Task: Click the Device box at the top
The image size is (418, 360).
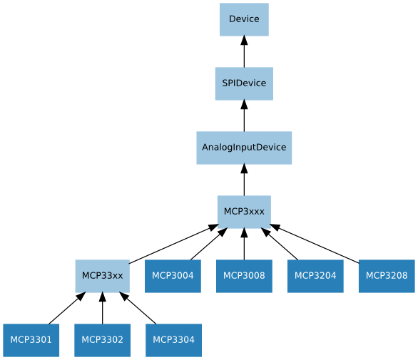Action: (x=244, y=19)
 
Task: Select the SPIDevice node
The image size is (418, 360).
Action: (x=244, y=83)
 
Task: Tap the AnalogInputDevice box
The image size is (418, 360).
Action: (x=244, y=148)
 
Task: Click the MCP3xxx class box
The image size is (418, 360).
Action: (x=244, y=212)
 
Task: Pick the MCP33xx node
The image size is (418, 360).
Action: (x=102, y=276)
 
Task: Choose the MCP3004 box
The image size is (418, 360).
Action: (x=173, y=276)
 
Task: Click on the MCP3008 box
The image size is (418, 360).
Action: (x=244, y=276)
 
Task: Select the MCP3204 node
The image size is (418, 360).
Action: (x=315, y=276)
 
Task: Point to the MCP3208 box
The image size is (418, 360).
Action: (x=387, y=276)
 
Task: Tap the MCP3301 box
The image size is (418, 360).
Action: (x=31, y=340)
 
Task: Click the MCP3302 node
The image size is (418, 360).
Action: (x=102, y=340)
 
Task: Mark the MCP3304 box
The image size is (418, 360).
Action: (x=173, y=340)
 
